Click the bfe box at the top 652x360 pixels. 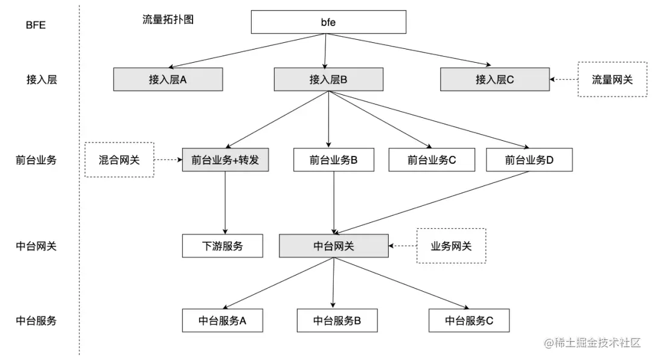tap(328, 22)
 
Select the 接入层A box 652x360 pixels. tap(168, 79)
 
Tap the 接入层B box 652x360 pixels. tap(328, 79)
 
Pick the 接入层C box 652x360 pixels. tap(494, 79)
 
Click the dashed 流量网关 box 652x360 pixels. tap(612, 79)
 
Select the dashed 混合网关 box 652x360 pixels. tap(119, 160)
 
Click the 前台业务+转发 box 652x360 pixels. tap(225, 160)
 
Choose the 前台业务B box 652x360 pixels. tap(333, 160)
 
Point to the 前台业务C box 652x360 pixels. tap(432, 160)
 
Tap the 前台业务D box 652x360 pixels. tap(529, 160)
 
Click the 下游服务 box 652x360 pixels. tap(223, 246)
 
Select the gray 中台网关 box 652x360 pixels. tap(334, 246)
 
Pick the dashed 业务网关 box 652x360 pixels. tap(451, 246)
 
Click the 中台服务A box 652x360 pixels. tap(223, 321)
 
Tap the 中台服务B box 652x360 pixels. tap(337, 321)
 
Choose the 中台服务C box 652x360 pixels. tap(469, 321)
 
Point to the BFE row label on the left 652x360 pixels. tap(36, 25)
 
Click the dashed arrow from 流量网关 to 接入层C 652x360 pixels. tap(564, 79)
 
